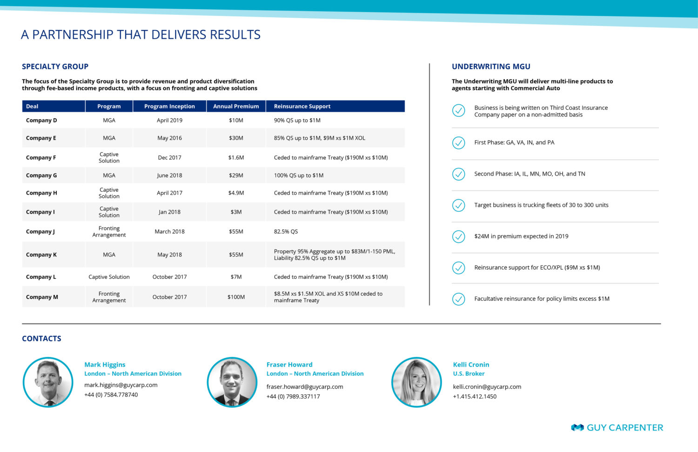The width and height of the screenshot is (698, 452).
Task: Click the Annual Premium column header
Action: click(236, 106)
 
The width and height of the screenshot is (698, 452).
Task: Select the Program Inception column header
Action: click(169, 106)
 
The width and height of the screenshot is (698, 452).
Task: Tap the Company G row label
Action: click(41, 175)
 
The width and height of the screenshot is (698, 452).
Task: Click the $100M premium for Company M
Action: click(236, 297)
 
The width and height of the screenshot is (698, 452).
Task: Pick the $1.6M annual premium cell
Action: click(236, 157)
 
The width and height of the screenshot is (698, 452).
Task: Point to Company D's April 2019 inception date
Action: click(169, 120)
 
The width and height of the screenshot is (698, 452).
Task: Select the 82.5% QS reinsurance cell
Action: click(286, 232)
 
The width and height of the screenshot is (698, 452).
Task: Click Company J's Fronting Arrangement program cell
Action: click(109, 232)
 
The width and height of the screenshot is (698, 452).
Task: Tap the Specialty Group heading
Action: click(55, 67)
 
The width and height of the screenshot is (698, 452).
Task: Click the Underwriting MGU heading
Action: click(491, 67)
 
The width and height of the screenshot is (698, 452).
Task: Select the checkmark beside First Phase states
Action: click(459, 143)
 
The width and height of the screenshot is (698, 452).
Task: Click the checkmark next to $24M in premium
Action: click(459, 236)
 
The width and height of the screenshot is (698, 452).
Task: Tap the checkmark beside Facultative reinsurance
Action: click(459, 299)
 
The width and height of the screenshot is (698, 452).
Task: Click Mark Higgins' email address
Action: click(121, 385)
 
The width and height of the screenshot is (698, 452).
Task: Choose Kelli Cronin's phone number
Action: click(475, 397)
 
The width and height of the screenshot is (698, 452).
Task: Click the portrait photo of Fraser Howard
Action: click(232, 382)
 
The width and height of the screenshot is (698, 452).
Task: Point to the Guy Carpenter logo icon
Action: click(577, 427)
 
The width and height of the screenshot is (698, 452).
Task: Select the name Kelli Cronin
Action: click(471, 364)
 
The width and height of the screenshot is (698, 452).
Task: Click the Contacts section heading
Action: click(41, 338)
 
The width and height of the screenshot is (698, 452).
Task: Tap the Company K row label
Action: click(41, 255)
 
